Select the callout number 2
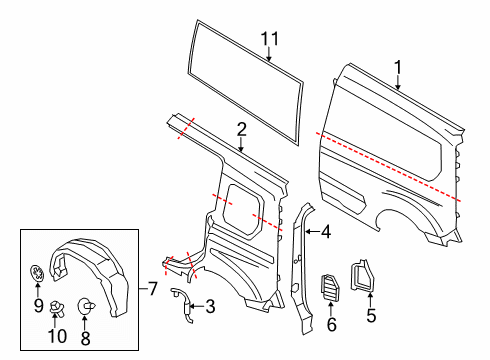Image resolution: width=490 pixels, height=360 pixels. coord(241,128)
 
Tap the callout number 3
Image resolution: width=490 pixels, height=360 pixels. coord(209,307)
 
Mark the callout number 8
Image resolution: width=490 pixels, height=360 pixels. coord(84,339)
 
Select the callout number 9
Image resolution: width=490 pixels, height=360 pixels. coord(37,306)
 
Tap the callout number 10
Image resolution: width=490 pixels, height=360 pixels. coord(57,339)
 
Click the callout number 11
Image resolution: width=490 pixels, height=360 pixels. coord(267,39)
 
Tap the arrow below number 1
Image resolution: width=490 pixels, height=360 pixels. coord(398,84)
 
